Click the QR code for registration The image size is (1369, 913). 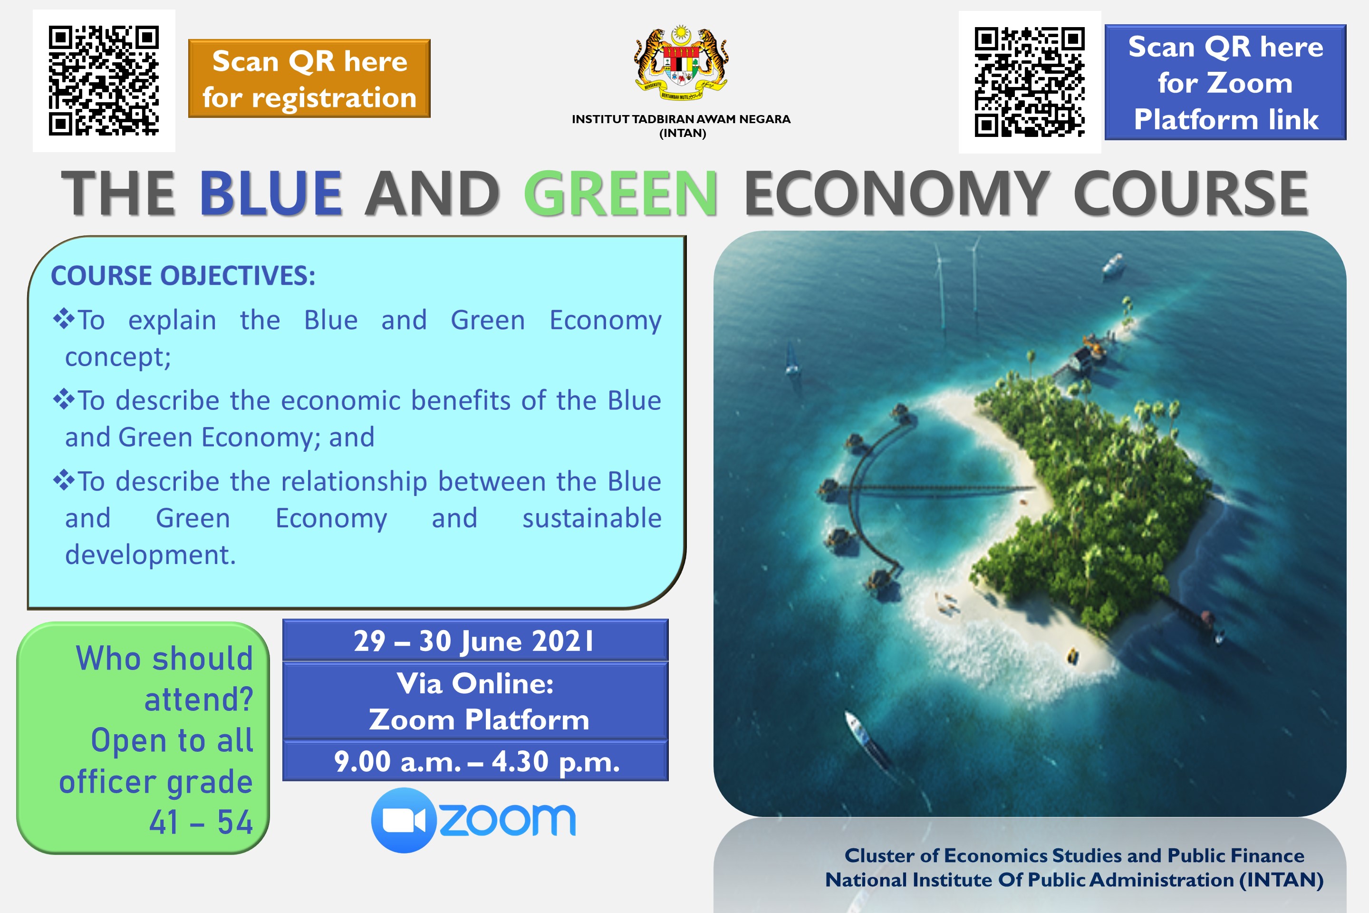pyautogui.click(x=104, y=80)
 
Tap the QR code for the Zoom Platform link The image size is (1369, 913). pyautogui.click(x=1030, y=81)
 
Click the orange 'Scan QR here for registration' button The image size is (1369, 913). pyautogui.click(x=309, y=78)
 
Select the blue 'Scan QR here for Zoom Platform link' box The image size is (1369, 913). pyautogui.click(x=1225, y=82)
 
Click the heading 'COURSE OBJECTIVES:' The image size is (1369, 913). pyautogui.click(x=183, y=276)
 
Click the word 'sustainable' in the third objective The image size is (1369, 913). pyautogui.click(x=592, y=518)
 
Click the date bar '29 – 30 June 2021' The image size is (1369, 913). pyautogui.click(x=475, y=640)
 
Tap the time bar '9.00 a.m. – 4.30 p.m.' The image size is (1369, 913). pyautogui.click(x=475, y=761)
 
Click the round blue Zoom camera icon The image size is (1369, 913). pyautogui.click(x=404, y=820)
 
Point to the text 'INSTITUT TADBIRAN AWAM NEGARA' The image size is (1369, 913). pyautogui.click(x=681, y=119)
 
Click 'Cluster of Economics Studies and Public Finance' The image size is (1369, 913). pyautogui.click(x=1074, y=855)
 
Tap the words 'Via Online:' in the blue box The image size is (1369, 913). pyautogui.click(x=475, y=684)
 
